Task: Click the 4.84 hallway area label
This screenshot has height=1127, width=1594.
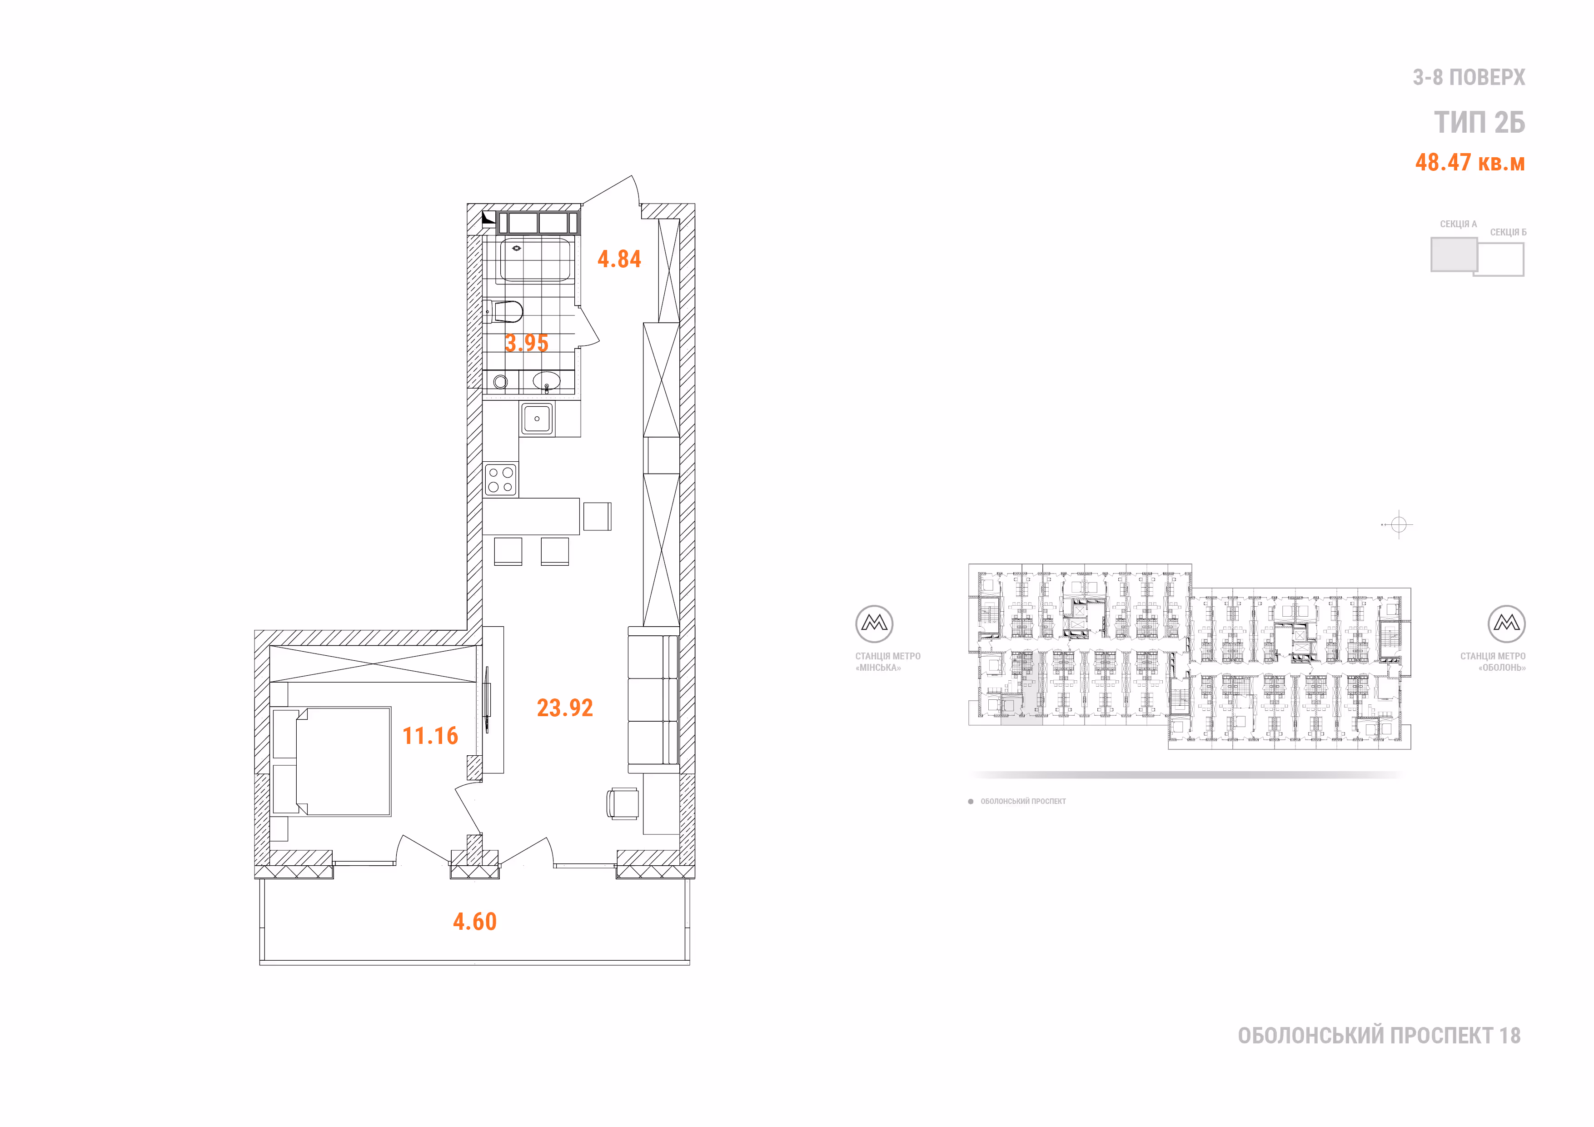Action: click(619, 259)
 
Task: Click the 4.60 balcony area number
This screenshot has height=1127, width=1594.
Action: click(475, 922)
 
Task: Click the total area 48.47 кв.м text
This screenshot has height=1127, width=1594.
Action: click(1470, 163)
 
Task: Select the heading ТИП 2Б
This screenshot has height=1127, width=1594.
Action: click(1479, 122)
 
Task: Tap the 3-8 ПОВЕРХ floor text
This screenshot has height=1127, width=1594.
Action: click(1469, 77)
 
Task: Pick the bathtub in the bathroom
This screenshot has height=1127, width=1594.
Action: click(535, 259)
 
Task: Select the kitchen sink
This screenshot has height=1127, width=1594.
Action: click(537, 419)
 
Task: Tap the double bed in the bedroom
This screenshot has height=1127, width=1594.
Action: click(332, 761)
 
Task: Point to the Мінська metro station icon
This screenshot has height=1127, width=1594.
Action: click(874, 623)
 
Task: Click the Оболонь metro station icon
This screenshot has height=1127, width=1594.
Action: click(1506, 623)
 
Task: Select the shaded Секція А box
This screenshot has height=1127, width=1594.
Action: click(1454, 254)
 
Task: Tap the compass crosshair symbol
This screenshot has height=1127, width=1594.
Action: click(1398, 524)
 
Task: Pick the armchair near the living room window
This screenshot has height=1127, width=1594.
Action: click(623, 803)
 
